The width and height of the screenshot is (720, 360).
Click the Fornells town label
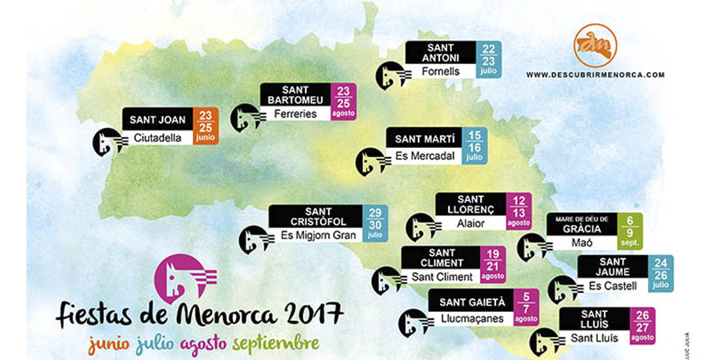tap(439, 71)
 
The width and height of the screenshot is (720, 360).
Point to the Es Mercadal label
tap(422, 155)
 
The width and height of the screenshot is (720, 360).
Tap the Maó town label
tap(582, 243)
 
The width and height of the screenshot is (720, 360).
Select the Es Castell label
tap(613, 286)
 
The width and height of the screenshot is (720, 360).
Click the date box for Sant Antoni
tap(488, 59)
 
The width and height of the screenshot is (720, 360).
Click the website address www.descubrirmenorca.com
tap(595, 74)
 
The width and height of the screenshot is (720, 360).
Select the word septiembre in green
tap(275, 342)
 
